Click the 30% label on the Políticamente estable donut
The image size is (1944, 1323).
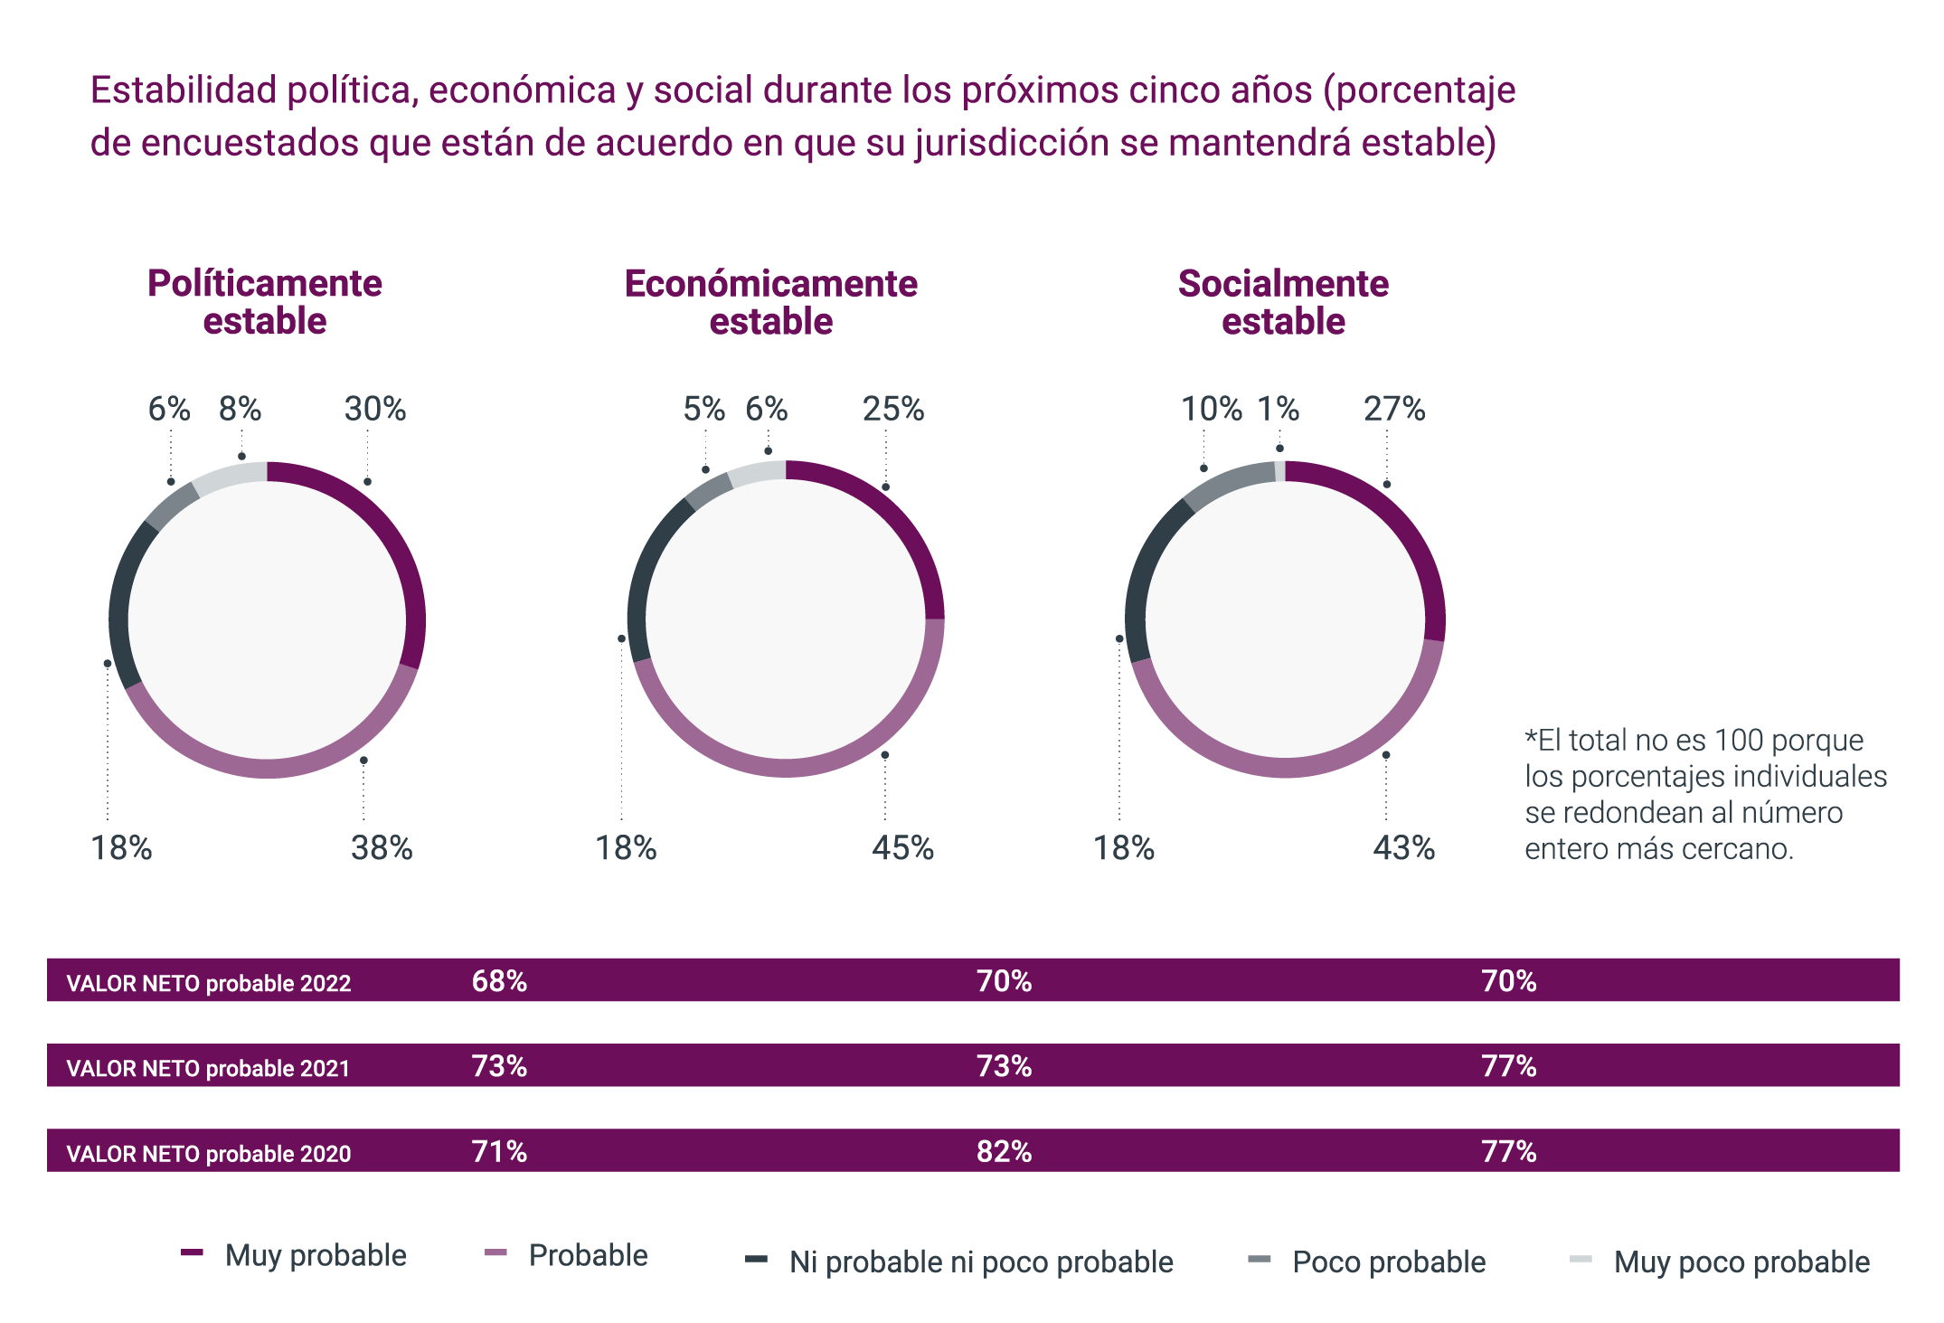[374, 410]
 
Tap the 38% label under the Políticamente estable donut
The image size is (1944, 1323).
[382, 848]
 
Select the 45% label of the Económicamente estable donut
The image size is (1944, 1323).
[902, 848]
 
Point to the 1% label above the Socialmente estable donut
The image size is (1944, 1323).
[1278, 410]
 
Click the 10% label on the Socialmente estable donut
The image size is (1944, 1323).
[1212, 410]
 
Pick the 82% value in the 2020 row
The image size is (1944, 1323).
[1004, 1151]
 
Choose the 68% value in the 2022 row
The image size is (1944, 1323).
[499, 981]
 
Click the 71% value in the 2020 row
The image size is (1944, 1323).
[499, 1151]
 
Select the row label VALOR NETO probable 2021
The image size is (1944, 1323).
[208, 1068]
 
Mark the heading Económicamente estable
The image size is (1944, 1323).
[771, 302]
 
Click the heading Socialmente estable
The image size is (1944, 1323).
[1283, 302]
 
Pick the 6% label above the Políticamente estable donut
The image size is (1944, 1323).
[169, 410]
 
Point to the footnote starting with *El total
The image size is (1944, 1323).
[1704, 794]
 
